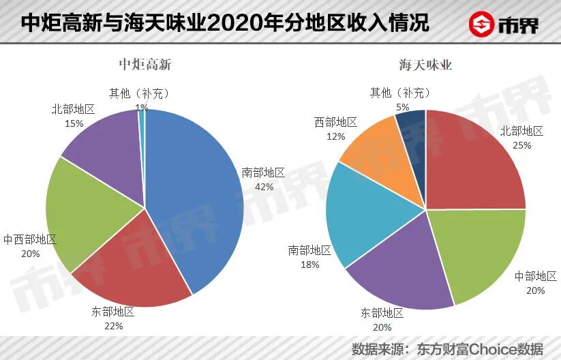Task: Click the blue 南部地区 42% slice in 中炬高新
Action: (x=198, y=198)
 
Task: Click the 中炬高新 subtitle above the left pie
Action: (x=145, y=66)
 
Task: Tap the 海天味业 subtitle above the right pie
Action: (x=425, y=66)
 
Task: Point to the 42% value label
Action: (x=264, y=186)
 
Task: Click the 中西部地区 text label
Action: (x=30, y=239)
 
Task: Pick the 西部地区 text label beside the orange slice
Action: (x=335, y=122)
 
